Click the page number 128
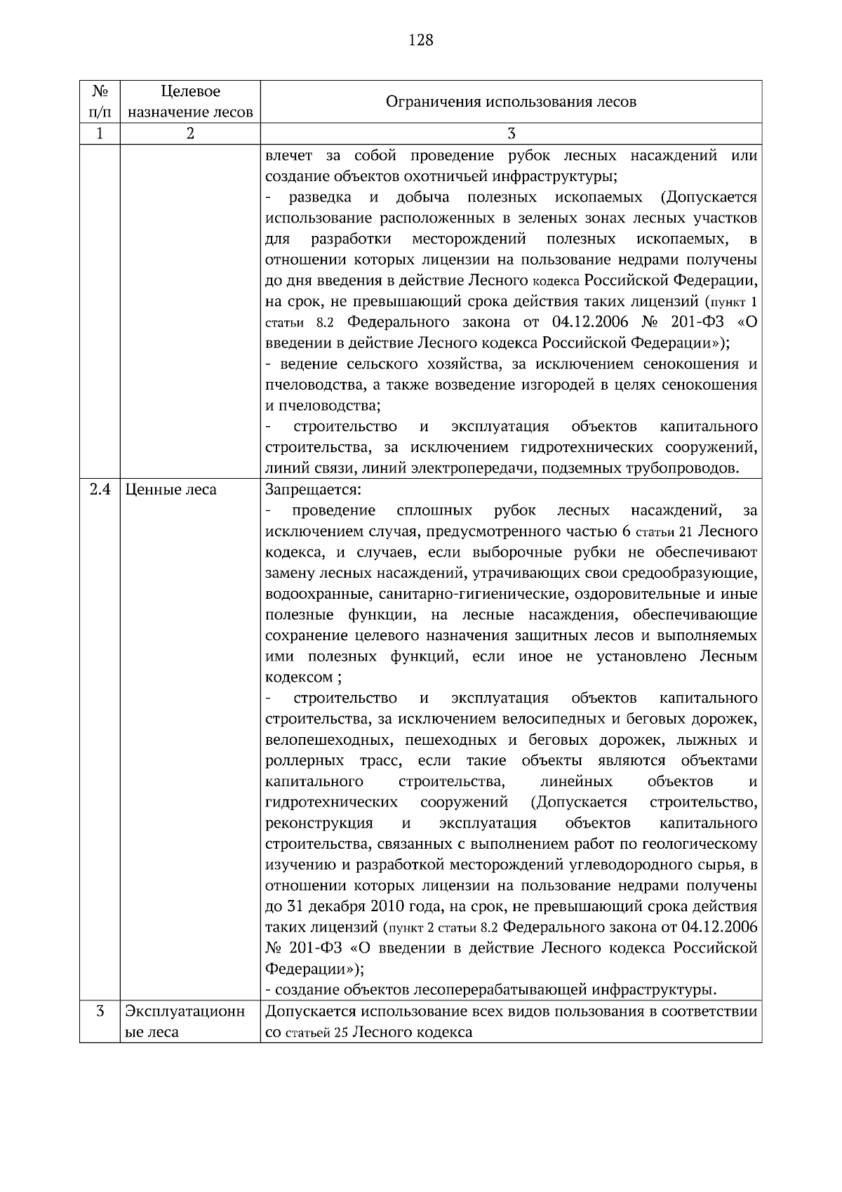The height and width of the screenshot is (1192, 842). [x=420, y=40]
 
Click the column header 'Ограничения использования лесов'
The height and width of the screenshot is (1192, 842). [x=511, y=102]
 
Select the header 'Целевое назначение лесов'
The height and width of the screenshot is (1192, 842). [x=190, y=102]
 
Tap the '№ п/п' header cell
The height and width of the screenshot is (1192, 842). [x=100, y=102]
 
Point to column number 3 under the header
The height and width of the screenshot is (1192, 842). [x=511, y=133]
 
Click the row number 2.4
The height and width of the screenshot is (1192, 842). [x=100, y=489]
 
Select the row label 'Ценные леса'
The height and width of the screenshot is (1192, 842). [x=171, y=489]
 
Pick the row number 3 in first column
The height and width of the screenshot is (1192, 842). [x=100, y=1012]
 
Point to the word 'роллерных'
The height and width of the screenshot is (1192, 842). [x=305, y=761]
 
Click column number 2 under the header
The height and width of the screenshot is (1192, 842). [x=190, y=133]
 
